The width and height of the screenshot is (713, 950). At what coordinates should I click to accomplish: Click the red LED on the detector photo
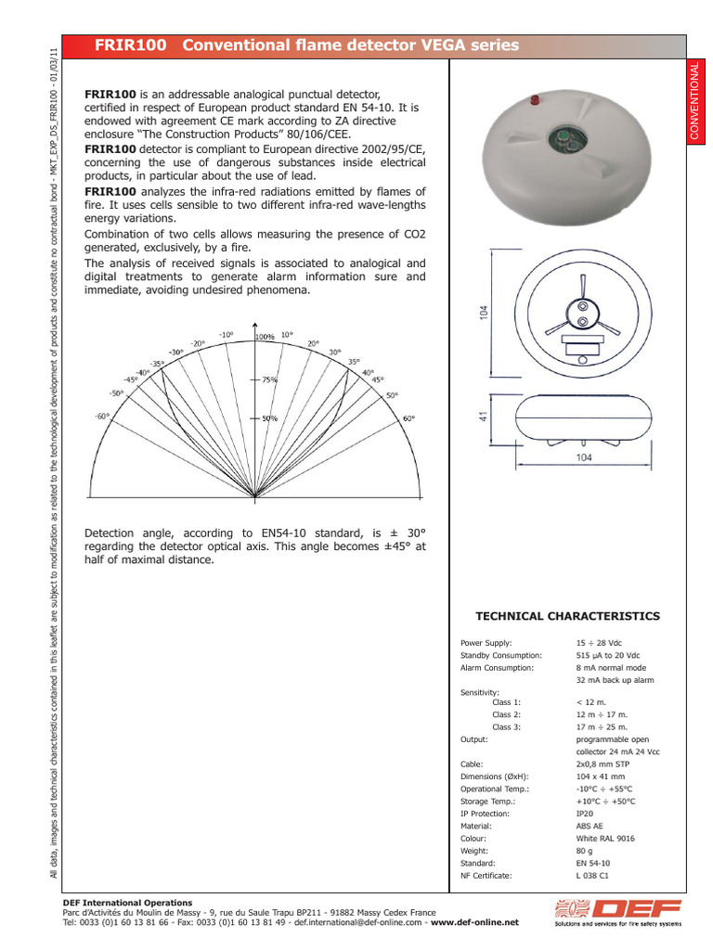[x=534, y=98]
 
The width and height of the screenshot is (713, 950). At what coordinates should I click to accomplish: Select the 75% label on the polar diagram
[x=269, y=379]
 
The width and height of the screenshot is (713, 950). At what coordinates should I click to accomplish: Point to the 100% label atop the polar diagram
[x=266, y=337]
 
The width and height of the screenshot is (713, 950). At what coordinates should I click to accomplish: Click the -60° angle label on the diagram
[x=102, y=417]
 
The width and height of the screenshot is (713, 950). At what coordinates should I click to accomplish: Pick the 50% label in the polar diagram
[x=269, y=418]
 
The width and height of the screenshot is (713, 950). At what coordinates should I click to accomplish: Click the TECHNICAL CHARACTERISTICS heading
[x=567, y=616]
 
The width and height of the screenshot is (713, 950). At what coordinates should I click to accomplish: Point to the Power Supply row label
[x=486, y=642]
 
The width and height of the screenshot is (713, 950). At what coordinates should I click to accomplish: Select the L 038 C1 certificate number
[x=593, y=875]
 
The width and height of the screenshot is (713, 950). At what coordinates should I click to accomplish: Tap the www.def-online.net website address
[x=474, y=923]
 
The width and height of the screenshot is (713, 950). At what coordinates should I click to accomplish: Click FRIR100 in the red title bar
[x=132, y=45]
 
